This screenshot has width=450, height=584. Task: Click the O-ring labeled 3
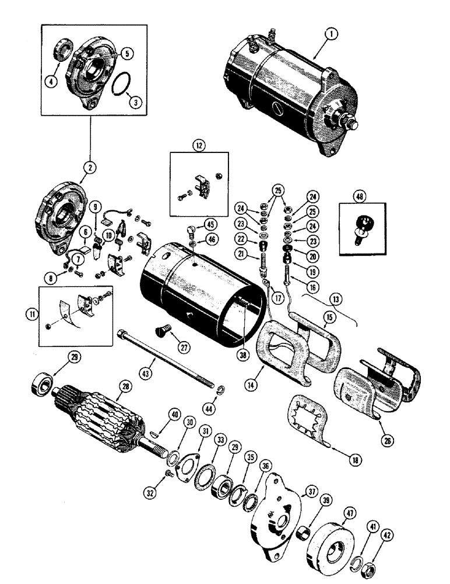(120, 86)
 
